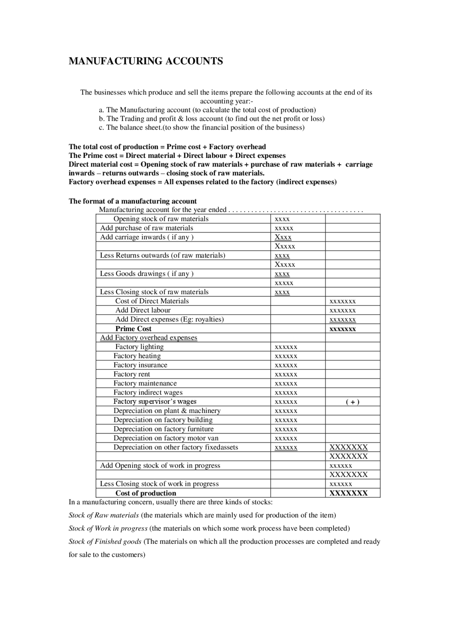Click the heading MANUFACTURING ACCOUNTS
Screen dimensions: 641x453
(145, 61)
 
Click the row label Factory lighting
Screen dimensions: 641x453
(139, 347)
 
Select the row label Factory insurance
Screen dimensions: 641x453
(140, 365)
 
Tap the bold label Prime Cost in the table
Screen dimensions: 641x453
(133, 328)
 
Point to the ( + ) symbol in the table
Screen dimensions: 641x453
(352, 402)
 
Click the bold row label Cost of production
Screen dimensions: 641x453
(145, 493)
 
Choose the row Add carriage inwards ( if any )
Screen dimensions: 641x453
(147, 237)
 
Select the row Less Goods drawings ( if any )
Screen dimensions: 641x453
(147, 274)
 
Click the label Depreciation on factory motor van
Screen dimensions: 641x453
(166, 438)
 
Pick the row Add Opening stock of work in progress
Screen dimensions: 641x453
(160, 465)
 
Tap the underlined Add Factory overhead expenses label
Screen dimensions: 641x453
(148, 338)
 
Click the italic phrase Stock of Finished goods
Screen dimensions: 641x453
(105, 542)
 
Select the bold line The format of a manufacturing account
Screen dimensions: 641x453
(133, 201)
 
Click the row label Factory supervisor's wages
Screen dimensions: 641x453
(155, 401)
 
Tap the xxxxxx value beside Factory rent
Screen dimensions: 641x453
(286, 374)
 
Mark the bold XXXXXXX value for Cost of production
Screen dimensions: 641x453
(348, 493)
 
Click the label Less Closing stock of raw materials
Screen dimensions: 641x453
(154, 292)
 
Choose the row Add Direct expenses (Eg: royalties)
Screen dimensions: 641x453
(169, 319)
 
